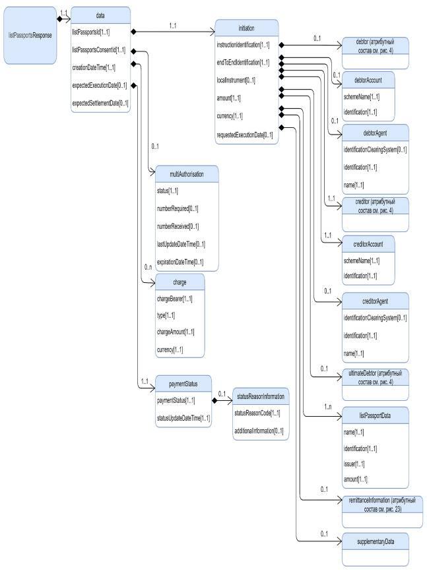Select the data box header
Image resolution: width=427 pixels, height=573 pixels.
tap(100, 14)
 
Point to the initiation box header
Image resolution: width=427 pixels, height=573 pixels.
tap(246, 28)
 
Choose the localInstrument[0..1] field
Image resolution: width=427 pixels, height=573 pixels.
tap(236, 80)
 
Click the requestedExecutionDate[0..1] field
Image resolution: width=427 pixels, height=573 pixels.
tap(245, 135)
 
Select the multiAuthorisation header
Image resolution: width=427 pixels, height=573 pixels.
tap(186, 173)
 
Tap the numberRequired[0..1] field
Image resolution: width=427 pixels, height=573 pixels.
tap(178, 208)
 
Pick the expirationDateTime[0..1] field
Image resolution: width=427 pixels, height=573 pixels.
tap(180, 262)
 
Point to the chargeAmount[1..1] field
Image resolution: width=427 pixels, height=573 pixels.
tap(176, 332)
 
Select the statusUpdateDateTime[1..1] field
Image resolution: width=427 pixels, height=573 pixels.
tap(183, 418)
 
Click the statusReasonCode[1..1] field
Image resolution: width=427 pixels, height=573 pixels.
tap(257, 413)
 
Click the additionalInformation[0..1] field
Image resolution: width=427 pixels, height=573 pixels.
tap(259, 431)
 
